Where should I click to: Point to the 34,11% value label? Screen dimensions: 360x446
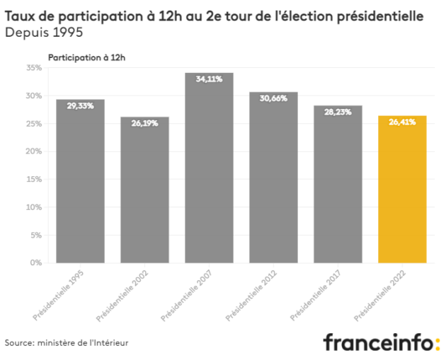(209, 79)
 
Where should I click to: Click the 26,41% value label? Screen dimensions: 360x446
(402, 122)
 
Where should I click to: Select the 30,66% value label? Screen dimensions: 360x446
(273, 98)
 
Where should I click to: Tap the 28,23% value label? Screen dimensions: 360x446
(338, 112)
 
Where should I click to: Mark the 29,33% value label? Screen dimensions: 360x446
(80, 105)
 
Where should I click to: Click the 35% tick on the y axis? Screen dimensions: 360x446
(34, 68)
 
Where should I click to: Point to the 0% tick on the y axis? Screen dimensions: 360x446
(36, 263)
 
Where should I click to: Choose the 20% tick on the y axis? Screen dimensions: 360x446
(34, 151)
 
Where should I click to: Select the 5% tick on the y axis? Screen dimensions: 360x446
(36, 236)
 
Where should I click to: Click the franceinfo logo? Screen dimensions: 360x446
(381, 342)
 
